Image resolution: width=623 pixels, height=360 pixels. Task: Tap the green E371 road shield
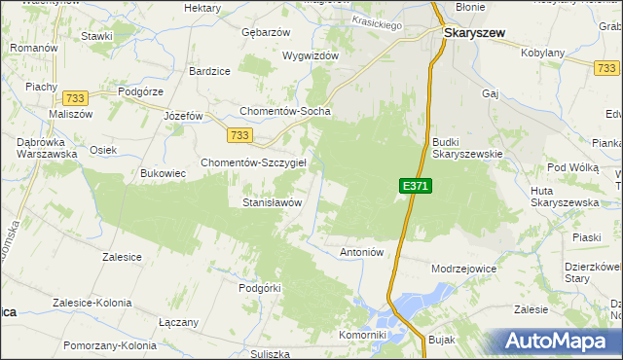pyautogui.click(x=414, y=186)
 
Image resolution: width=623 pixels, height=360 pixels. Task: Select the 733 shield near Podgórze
pyautogui.click(x=74, y=98)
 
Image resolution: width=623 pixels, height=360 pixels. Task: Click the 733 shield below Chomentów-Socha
pyautogui.click(x=241, y=135)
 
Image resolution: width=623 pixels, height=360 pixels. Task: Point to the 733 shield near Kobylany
pyautogui.click(x=606, y=66)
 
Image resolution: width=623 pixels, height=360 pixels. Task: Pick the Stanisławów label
pyautogui.click(x=272, y=202)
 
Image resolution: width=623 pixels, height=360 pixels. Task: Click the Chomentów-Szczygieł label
pyautogui.click(x=253, y=162)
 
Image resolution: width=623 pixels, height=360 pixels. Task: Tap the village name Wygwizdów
pyautogui.click(x=310, y=55)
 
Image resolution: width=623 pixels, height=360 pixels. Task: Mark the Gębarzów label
pyautogui.click(x=267, y=32)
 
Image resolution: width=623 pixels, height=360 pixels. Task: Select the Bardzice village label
pyautogui.click(x=209, y=71)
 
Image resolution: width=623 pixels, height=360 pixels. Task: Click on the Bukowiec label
pyautogui.click(x=163, y=173)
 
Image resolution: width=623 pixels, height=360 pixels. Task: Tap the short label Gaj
pyautogui.click(x=490, y=93)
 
